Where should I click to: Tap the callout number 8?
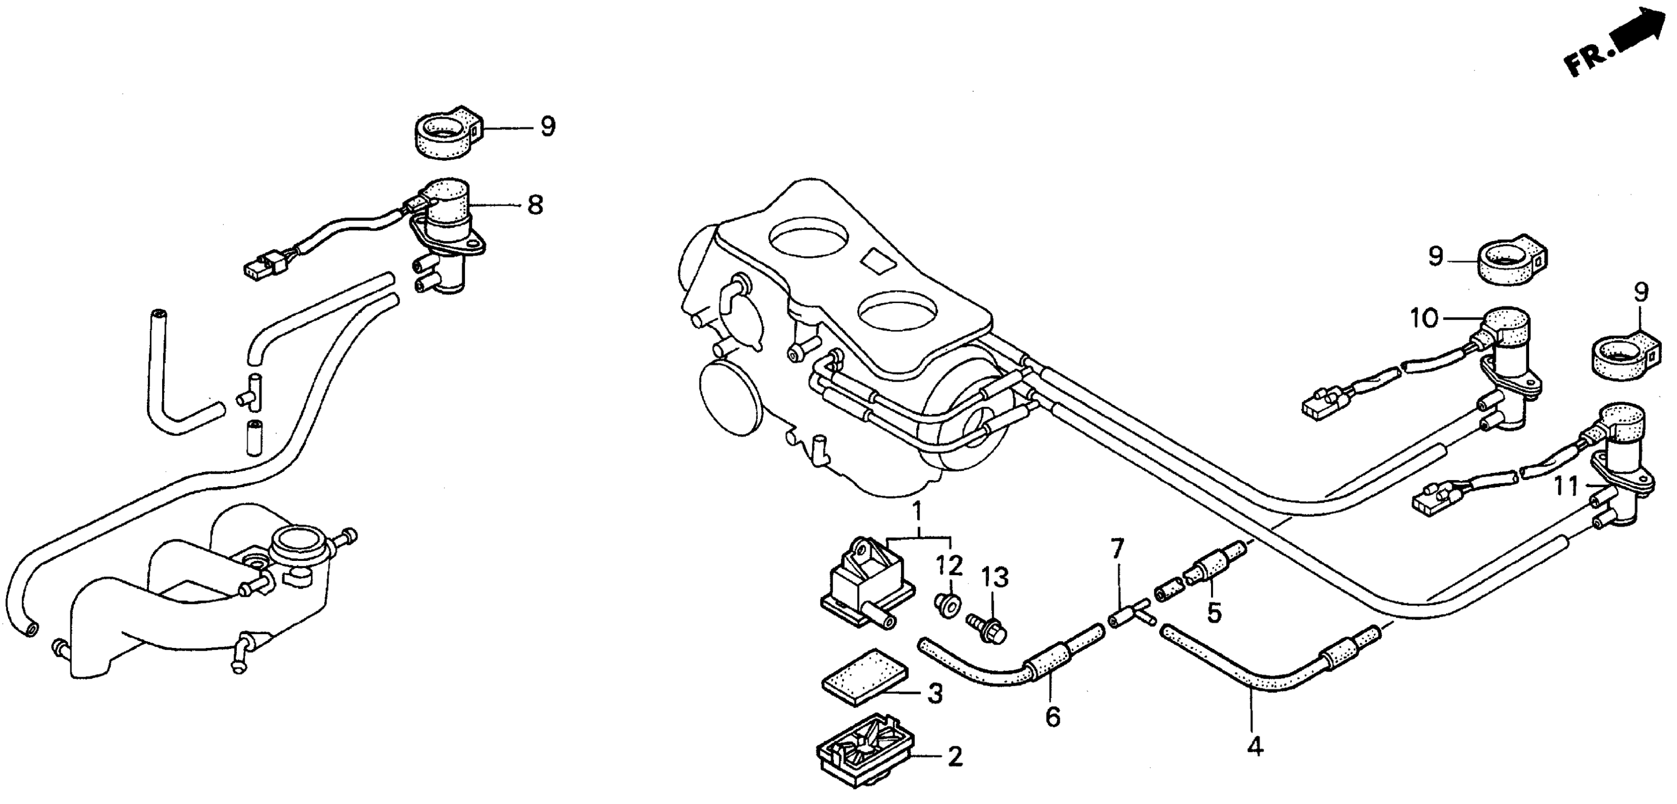[534, 206]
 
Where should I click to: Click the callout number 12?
[949, 566]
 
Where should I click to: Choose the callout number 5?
[1214, 612]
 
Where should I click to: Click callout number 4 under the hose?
[1255, 746]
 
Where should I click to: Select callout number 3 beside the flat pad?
[934, 694]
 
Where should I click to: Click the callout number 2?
[955, 756]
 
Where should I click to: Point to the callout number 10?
[1424, 319]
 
